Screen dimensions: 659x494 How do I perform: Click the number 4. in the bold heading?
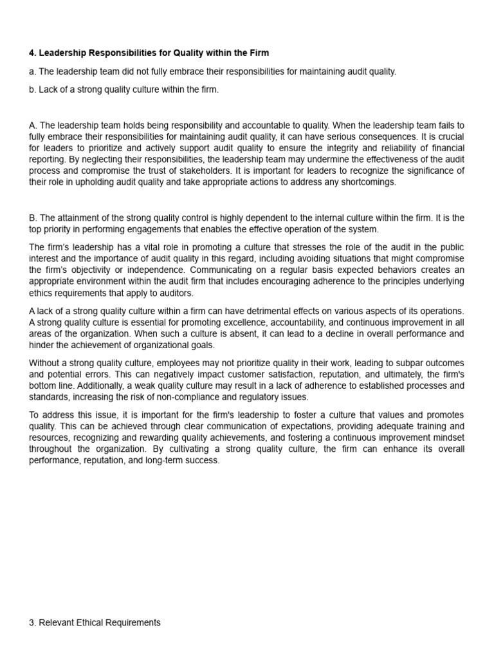tap(33, 53)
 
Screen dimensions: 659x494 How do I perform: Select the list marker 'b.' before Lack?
tap(33, 89)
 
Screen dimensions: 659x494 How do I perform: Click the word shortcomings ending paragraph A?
tap(370, 182)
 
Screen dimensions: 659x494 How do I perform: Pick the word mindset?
tap(446, 438)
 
